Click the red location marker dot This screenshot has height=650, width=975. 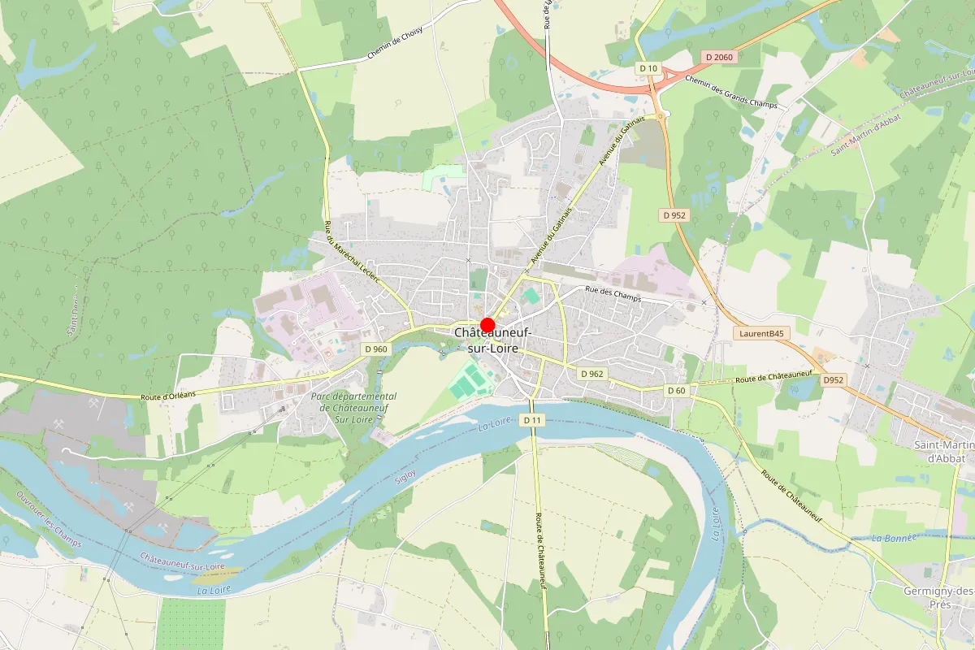click(487, 324)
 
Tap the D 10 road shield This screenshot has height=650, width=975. click(648, 67)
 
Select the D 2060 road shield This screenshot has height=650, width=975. click(719, 56)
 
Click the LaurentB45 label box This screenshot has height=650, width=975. click(762, 333)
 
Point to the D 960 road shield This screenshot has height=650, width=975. click(375, 349)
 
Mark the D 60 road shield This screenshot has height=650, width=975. click(677, 391)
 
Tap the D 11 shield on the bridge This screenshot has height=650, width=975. click(532, 419)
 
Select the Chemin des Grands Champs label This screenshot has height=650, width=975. click(731, 92)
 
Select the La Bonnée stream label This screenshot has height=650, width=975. click(894, 538)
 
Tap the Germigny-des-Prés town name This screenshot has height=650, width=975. click(938, 597)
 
